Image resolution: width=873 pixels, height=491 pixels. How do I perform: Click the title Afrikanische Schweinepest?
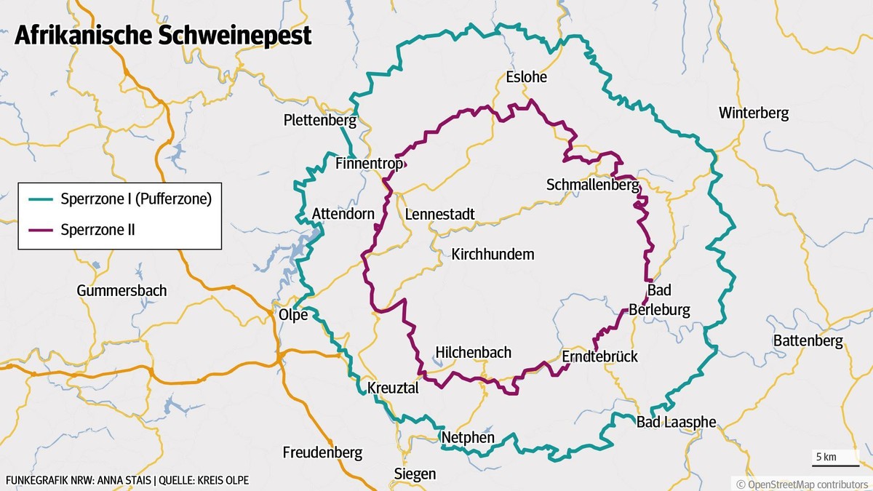(163, 36)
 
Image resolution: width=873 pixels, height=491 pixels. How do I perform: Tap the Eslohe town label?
(526, 77)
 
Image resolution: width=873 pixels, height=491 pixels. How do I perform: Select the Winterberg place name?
(753, 113)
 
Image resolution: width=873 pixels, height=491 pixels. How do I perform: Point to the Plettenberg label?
(320, 120)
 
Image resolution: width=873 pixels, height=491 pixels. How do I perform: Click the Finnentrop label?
(370, 164)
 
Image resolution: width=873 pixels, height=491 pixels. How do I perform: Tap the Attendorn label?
(343, 214)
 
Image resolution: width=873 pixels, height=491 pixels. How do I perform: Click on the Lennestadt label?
(439, 215)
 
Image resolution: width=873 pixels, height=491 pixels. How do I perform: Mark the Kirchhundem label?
(493, 255)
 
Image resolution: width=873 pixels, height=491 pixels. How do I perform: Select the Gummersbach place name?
(121, 291)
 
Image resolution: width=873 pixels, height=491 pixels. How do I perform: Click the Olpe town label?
(294, 315)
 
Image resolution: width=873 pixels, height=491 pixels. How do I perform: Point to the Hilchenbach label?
(473, 353)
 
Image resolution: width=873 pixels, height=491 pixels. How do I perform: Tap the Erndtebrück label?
(599, 357)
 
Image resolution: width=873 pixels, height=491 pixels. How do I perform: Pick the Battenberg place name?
(808, 340)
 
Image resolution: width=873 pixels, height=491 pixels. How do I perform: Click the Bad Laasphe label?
(676, 423)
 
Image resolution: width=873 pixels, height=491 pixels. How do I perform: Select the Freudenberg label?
(322, 453)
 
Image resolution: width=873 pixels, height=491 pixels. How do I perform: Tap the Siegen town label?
(415, 474)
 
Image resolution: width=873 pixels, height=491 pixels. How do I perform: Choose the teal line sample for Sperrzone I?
(42, 199)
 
